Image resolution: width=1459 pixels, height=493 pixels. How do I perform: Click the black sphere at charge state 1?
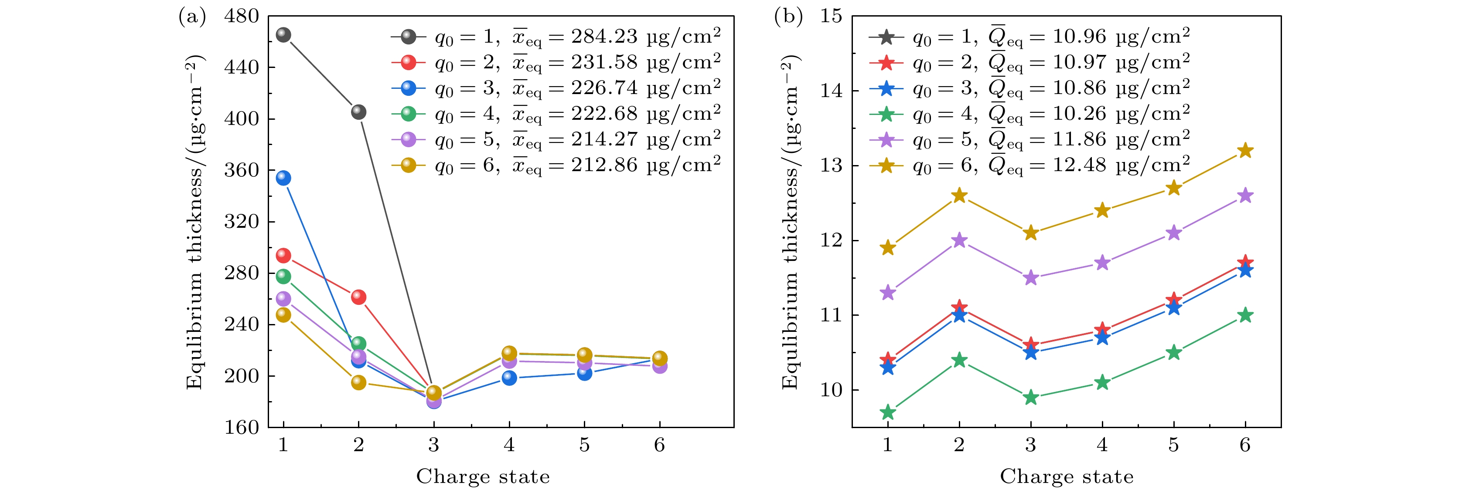click(283, 35)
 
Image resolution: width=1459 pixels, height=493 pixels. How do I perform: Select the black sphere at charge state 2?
click(358, 112)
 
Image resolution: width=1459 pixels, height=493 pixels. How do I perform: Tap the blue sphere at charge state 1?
click(283, 178)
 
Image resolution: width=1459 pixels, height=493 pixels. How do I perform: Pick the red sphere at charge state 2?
click(358, 297)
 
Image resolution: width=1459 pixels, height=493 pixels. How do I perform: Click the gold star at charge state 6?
click(1245, 151)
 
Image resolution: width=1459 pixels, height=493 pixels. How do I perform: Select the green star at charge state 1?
click(887, 412)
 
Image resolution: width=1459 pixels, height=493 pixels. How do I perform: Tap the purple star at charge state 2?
click(959, 240)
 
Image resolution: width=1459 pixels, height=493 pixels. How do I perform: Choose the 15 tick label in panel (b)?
click(831, 17)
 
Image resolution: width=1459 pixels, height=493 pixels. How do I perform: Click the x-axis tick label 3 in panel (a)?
click(434, 446)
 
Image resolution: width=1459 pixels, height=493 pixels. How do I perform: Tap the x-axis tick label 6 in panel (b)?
click(1245, 446)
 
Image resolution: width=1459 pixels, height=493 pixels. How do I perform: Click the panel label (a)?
click(192, 17)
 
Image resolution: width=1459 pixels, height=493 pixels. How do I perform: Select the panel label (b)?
click(788, 17)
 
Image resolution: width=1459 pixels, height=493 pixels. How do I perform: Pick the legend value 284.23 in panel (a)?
click(604, 37)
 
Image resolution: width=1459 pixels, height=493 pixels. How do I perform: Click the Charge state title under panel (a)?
click(483, 476)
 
